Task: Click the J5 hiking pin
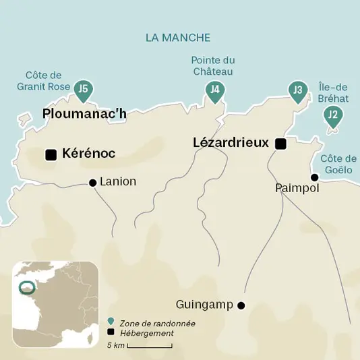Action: tap(83, 89)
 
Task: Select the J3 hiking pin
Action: tap(298, 91)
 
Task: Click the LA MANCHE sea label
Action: tap(178, 38)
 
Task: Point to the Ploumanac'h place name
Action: tap(84, 114)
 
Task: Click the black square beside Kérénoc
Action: tap(51, 154)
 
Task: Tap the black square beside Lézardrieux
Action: tap(280, 144)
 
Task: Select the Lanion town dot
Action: tap(93, 182)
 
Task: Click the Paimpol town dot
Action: tap(313, 177)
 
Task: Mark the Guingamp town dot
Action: tap(241, 305)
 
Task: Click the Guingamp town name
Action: tap(204, 305)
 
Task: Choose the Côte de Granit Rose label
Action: tap(44, 80)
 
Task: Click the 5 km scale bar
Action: tap(148, 347)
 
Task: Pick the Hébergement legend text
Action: tap(146, 333)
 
